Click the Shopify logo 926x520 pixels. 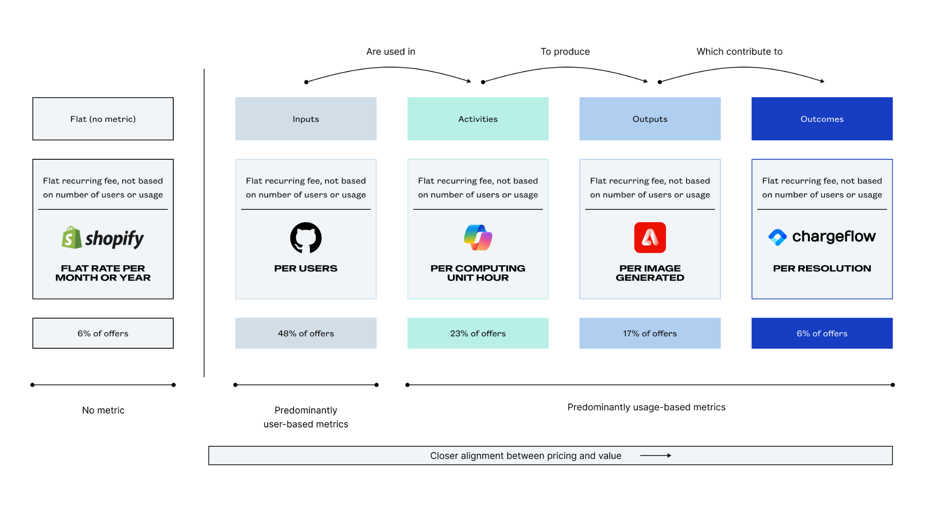[103, 238]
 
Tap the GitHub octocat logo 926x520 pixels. [306, 238]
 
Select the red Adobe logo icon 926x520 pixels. [650, 238]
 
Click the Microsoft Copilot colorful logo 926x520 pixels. [478, 238]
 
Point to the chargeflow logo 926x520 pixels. [822, 237]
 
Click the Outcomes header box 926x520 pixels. [822, 119]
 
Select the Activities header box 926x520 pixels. [478, 119]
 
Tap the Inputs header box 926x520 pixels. [306, 119]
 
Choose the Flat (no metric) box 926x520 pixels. [103, 119]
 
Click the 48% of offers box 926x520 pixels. [306, 333]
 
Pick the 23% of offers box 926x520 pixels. [478, 333]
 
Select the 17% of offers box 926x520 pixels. [650, 333]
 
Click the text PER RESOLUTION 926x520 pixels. [822, 269]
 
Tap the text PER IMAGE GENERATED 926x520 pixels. [650, 273]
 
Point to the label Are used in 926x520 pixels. [391, 52]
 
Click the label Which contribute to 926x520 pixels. [739, 52]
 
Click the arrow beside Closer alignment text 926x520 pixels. [655, 456]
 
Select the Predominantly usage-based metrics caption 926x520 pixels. [646, 407]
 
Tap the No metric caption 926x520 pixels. [103, 410]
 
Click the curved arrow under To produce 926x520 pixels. [565, 68]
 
